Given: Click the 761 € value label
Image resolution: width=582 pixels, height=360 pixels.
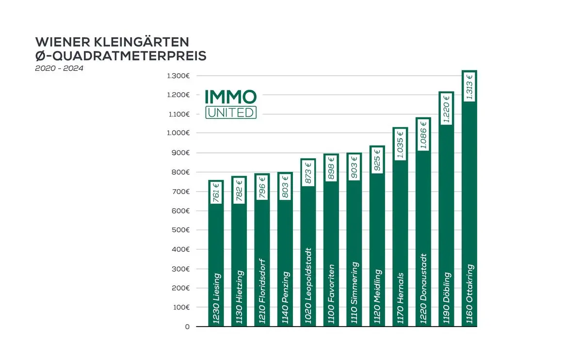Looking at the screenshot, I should tap(216, 193).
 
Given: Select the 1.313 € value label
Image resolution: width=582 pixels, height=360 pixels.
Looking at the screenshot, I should tap(469, 86).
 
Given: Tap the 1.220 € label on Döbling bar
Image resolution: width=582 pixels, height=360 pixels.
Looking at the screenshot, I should tap(446, 109).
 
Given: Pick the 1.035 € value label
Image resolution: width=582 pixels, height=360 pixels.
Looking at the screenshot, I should tap(400, 144).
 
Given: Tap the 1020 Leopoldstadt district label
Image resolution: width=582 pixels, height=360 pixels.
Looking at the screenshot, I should tap(308, 286).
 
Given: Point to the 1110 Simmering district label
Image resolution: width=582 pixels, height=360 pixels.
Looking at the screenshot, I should tap(354, 293).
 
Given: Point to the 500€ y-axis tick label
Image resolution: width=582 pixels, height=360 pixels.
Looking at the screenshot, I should tap(180, 230).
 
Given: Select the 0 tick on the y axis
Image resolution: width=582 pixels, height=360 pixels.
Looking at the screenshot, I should tap(187, 327).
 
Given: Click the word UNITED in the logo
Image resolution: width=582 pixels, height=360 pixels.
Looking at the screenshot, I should tap(231, 112).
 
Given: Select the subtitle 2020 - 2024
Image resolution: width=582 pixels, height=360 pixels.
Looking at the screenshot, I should tap(59, 68).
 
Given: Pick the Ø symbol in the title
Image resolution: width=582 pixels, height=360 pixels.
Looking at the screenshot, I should tap(41, 56).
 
